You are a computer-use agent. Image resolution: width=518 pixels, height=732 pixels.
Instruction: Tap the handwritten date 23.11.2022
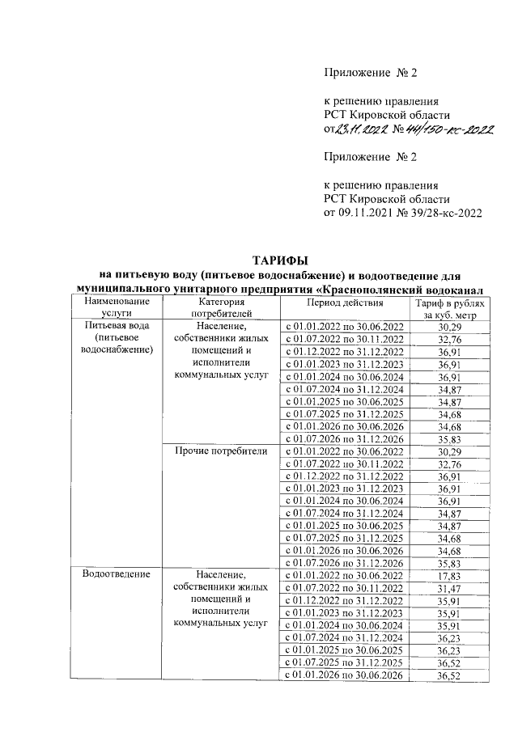[363, 129]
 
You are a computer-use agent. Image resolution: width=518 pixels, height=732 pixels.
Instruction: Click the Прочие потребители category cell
[220, 451]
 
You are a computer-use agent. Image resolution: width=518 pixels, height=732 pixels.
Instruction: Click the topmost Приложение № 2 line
[370, 73]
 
